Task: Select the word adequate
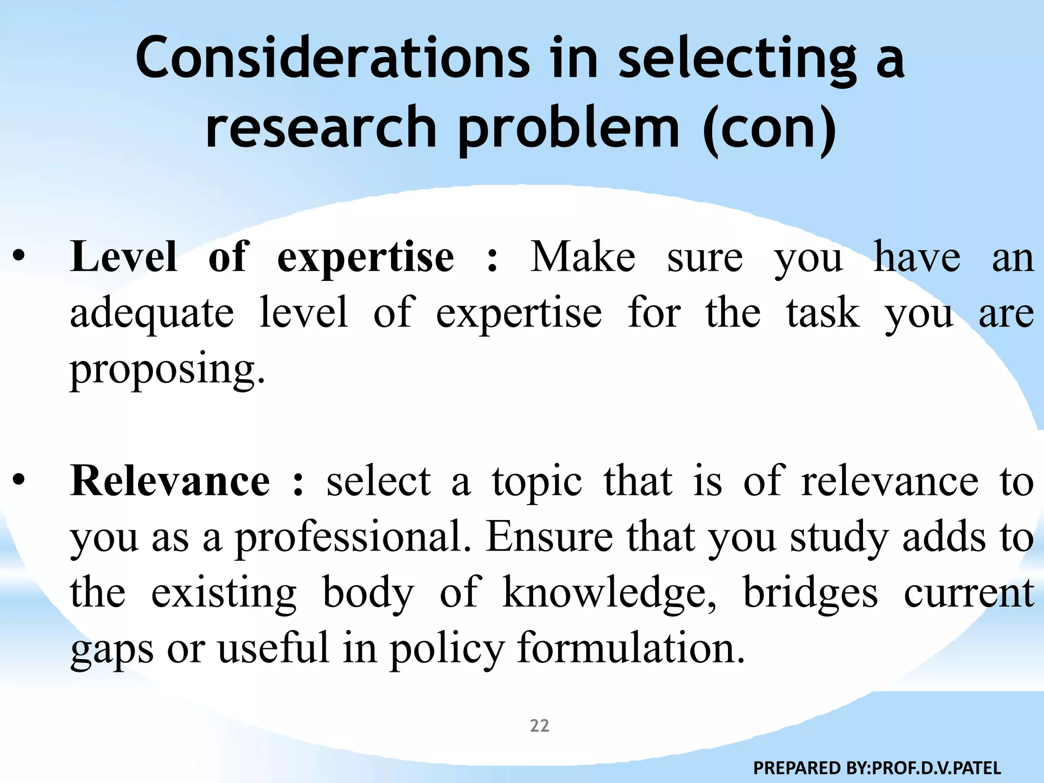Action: click(152, 314)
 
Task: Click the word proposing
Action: click(167, 370)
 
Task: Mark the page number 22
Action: click(539, 725)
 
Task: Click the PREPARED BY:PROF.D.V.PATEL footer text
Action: click(877, 767)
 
